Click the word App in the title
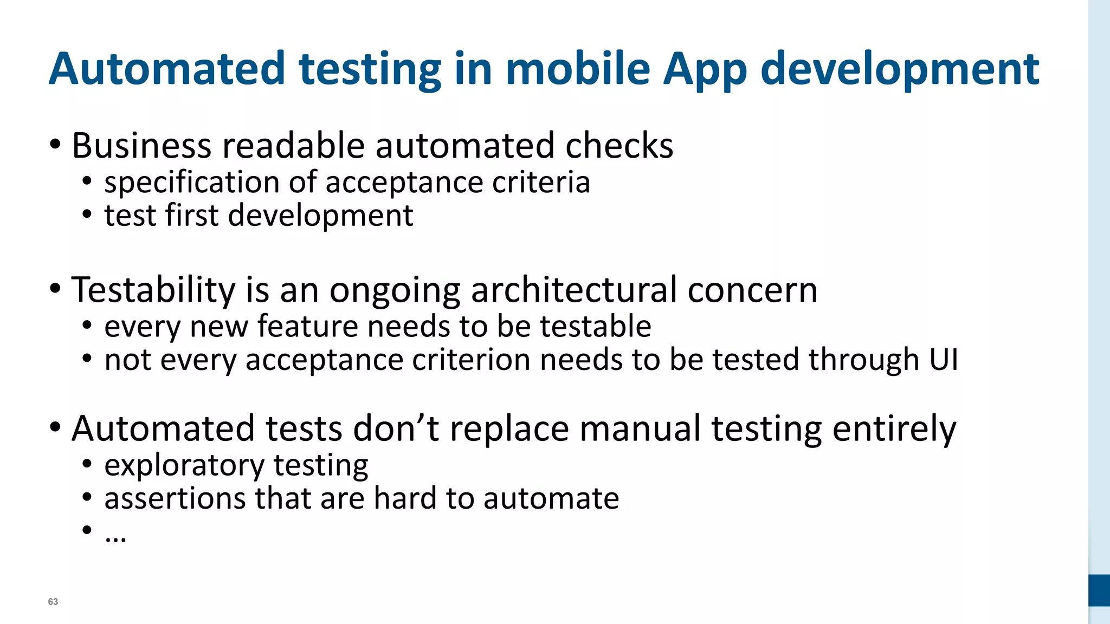tap(705, 69)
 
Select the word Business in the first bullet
tap(141, 146)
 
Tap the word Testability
tap(153, 290)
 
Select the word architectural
tap(574, 290)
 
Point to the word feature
tap(307, 326)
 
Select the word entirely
tap(894, 429)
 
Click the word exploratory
tap(184, 466)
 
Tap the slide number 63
tap(53, 602)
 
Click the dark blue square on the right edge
tap(1099, 590)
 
